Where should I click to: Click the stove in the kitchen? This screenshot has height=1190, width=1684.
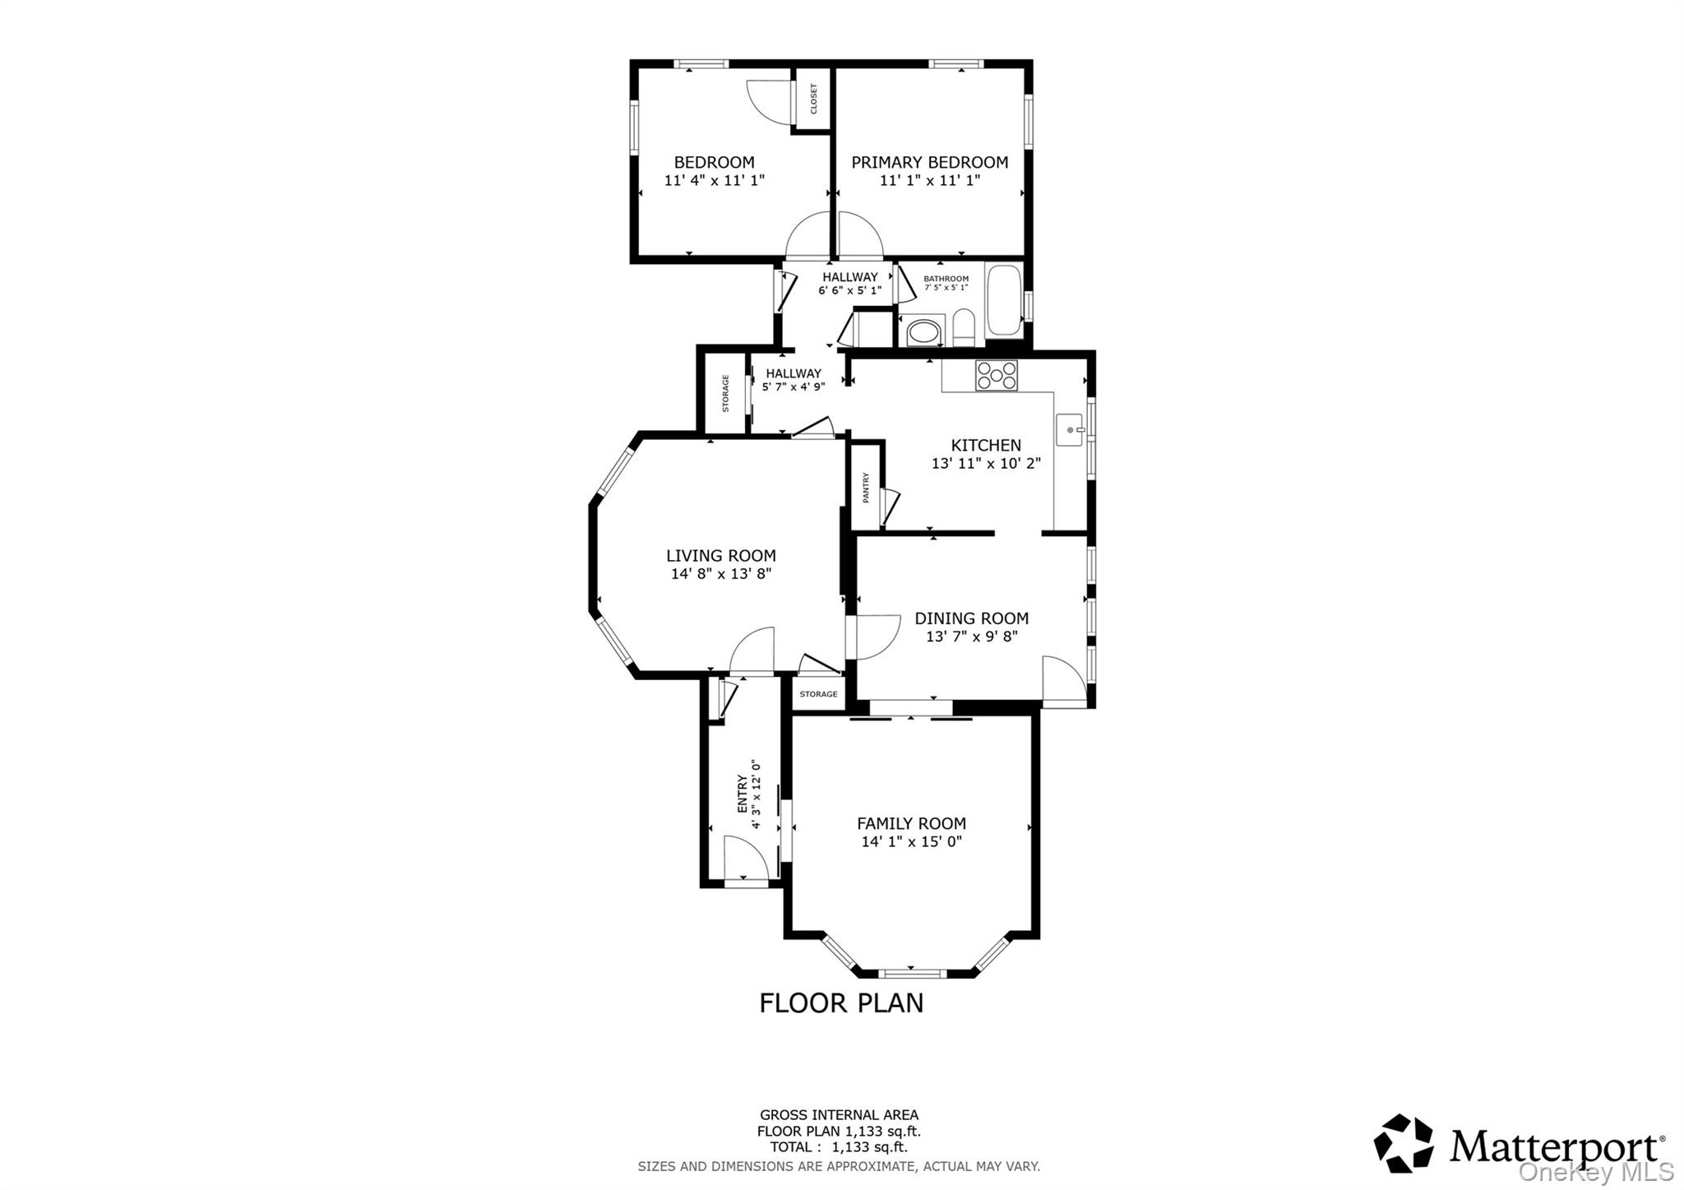pyautogui.click(x=996, y=375)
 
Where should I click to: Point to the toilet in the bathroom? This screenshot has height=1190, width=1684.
pyautogui.click(x=964, y=329)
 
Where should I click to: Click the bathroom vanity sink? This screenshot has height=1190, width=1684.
pyautogui.click(x=921, y=333)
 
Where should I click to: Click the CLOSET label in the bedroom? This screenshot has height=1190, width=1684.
pyautogui.click(x=814, y=99)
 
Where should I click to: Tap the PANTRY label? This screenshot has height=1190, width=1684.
pyautogui.click(x=866, y=487)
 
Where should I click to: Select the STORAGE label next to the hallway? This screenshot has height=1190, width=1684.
pyautogui.click(x=725, y=393)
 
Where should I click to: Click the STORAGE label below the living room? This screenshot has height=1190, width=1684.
pyautogui.click(x=818, y=694)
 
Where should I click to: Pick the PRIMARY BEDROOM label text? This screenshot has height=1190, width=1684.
pyautogui.click(x=929, y=162)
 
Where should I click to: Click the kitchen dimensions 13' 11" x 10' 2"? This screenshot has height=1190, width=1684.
pyautogui.click(x=986, y=463)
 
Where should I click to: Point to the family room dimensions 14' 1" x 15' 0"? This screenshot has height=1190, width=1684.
pyautogui.click(x=911, y=841)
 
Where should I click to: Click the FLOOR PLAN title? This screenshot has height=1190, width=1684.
pyautogui.click(x=840, y=1003)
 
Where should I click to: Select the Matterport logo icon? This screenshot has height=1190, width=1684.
pyautogui.click(x=1403, y=1143)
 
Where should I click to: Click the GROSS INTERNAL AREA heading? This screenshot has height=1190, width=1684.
pyautogui.click(x=839, y=1115)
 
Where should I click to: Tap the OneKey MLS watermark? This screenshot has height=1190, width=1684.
pyautogui.click(x=1595, y=1171)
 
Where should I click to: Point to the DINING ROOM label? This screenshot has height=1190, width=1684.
pyautogui.click(x=971, y=618)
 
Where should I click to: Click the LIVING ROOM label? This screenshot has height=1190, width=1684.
pyautogui.click(x=720, y=555)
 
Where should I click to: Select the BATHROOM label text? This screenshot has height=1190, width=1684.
pyautogui.click(x=946, y=279)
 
